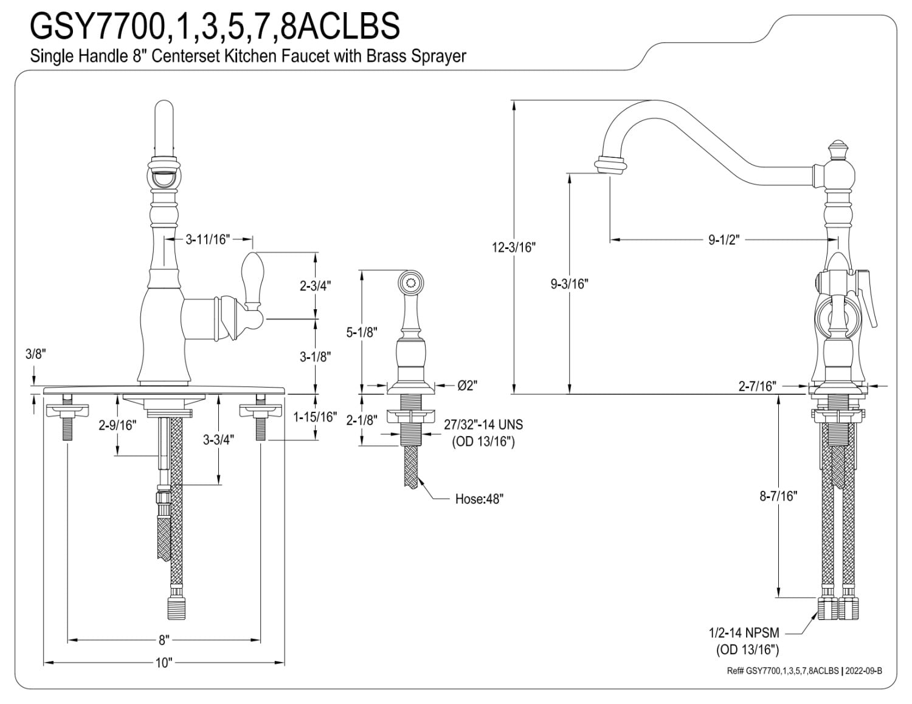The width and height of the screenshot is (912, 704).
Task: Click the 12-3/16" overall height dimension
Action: pos(514,247)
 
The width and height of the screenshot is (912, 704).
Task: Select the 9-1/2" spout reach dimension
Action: pos(723,239)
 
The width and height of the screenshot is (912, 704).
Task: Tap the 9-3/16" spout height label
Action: pos(570,284)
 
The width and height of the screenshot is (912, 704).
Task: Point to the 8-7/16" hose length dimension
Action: pos(778,496)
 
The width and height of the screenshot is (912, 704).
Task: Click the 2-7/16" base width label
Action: pos(758,386)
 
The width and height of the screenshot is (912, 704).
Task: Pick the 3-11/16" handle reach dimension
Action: pos(207,239)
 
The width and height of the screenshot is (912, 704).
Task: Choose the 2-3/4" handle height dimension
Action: pos(315,285)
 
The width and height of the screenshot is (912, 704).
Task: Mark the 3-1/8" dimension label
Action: pos(315,357)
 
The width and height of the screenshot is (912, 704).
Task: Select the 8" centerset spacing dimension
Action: pos(164,640)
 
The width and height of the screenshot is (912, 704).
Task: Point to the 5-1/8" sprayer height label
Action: pos(362,332)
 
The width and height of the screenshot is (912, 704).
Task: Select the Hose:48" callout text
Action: pos(479,499)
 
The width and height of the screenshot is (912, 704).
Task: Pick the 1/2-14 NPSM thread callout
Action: pos(743,641)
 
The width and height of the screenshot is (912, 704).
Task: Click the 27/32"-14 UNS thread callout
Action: pos(483,432)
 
